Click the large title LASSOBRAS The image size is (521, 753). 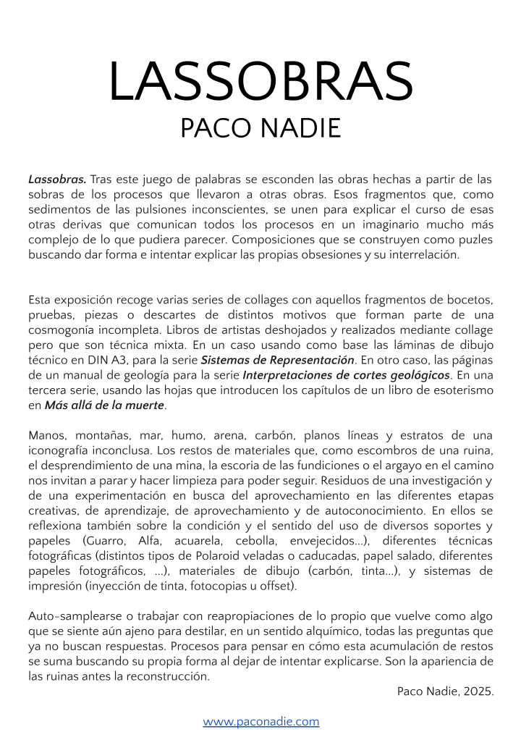260,81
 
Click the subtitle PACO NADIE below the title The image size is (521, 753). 260,128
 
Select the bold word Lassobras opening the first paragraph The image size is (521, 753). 57,179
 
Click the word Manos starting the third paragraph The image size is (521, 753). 47,436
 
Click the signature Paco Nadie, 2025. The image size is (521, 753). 445,691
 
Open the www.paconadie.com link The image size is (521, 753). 260,722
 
